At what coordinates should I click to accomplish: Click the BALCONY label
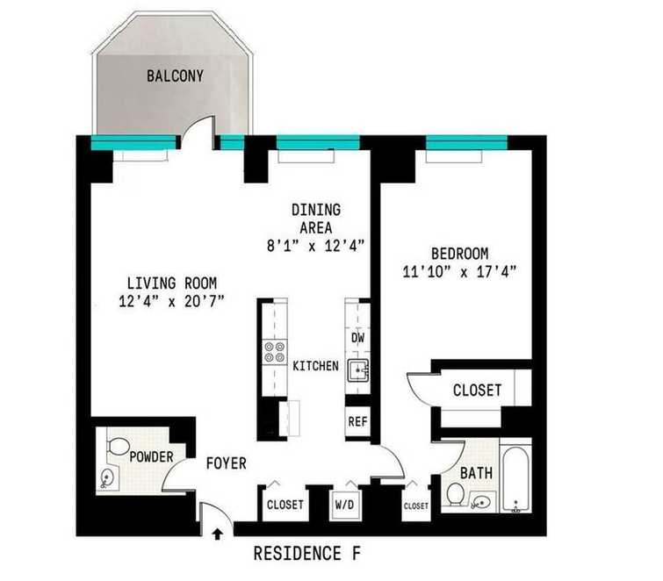point(175,76)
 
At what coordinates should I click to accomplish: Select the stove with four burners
point(274,353)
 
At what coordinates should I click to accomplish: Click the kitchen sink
point(358,370)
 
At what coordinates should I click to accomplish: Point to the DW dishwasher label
point(357,338)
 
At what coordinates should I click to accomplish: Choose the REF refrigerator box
point(357,421)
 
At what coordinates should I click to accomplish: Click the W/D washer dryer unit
point(344,506)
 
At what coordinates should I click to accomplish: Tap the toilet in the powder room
point(119,446)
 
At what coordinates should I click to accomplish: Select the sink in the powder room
point(107,478)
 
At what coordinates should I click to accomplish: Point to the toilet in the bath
point(455,494)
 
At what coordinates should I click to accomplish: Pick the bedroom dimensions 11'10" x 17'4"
point(459,272)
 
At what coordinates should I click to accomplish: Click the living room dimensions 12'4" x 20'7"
point(171,301)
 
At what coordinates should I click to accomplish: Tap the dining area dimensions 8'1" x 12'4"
point(316,246)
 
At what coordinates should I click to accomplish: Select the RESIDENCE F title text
point(307,554)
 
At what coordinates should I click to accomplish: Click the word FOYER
point(227,463)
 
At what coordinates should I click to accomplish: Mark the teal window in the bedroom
point(466,143)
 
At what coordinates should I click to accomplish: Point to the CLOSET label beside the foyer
point(285,505)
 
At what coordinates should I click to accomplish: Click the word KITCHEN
point(316,366)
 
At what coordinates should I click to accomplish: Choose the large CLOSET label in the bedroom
point(478,390)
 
